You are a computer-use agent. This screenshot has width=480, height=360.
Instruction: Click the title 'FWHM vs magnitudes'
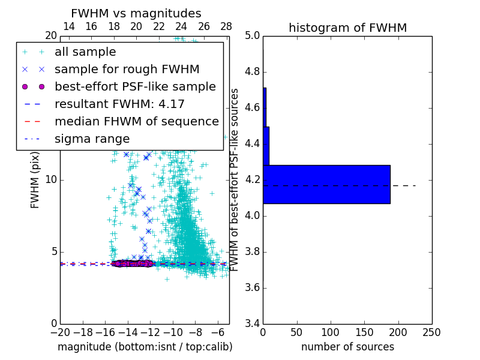pyautogui.click(x=136, y=13)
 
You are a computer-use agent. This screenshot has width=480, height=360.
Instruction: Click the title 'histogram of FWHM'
pyautogui.click(x=347, y=28)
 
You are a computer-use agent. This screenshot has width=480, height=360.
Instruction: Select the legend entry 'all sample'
pyautogui.click(x=85, y=52)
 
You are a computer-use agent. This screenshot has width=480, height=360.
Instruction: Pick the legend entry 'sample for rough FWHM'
pyautogui.click(x=127, y=70)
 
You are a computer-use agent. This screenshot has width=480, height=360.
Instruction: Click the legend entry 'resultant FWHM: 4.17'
pyautogui.click(x=119, y=104)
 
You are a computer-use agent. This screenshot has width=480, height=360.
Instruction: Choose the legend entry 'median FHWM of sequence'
pyautogui.click(x=136, y=122)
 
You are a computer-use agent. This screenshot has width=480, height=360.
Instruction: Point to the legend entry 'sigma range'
pyautogui.click(x=92, y=139)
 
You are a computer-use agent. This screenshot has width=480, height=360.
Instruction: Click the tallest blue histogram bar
pyautogui.click(x=326, y=184)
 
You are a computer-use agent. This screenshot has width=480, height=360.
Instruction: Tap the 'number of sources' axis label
pyautogui.click(x=347, y=347)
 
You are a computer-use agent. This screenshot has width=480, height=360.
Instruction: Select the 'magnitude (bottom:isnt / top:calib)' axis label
pyautogui.click(x=145, y=347)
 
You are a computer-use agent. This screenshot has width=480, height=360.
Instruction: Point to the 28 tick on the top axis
pyautogui.click(x=226, y=26)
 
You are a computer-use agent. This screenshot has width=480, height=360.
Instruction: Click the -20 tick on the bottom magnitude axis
pyautogui.click(x=60, y=332)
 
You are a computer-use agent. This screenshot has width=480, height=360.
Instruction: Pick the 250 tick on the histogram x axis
pyautogui.click(x=432, y=332)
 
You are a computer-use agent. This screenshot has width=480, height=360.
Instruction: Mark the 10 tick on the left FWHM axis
pyautogui.click(x=51, y=180)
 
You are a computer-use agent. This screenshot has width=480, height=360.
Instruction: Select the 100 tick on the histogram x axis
pyautogui.click(x=331, y=332)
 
